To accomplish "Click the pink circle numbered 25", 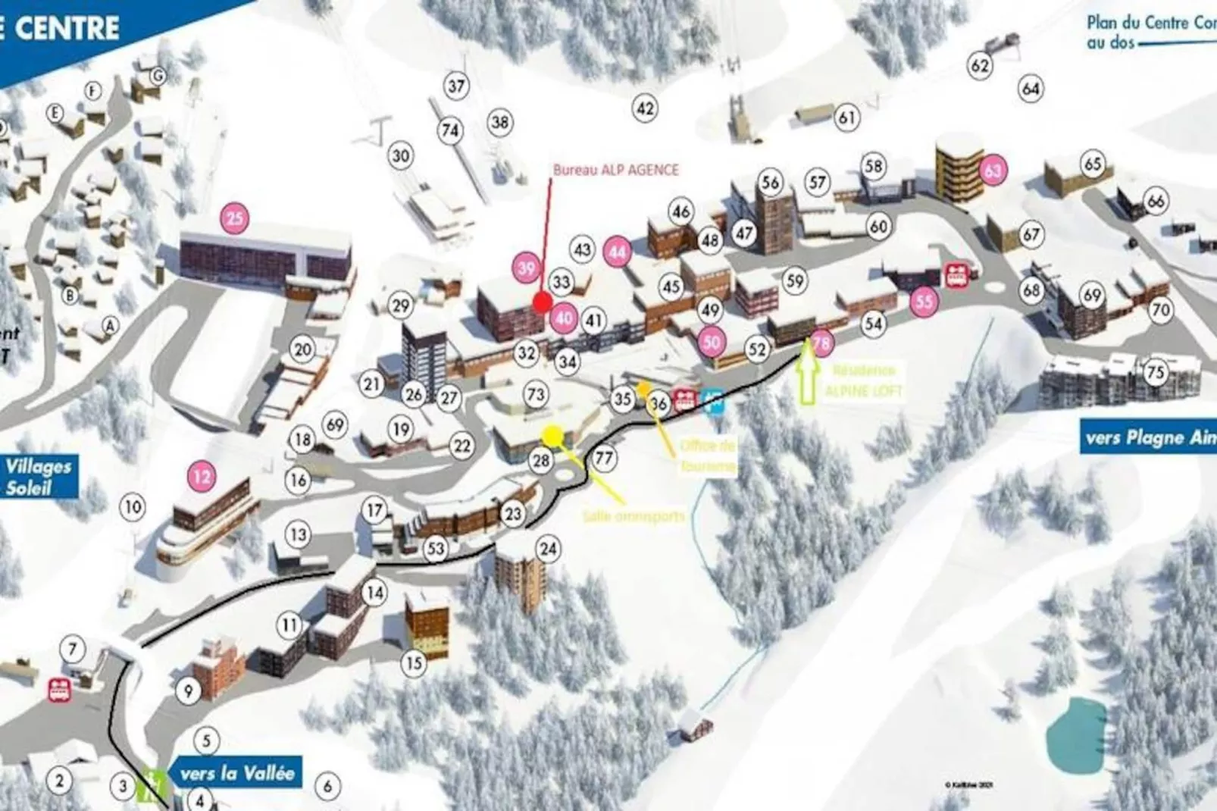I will point(235,219).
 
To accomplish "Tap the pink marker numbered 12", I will point(202,477).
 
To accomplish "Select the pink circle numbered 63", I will point(992,171).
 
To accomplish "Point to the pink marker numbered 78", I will point(821,343).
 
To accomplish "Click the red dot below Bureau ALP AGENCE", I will point(541,302).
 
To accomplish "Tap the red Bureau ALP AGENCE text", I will point(615,170).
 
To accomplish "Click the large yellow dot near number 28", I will point(553,435).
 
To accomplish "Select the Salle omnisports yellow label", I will point(634,516).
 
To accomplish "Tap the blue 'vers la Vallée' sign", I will point(236,774).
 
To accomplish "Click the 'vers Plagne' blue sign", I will point(1147,437).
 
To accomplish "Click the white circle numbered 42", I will point(645,108).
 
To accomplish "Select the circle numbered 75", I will point(1155,372).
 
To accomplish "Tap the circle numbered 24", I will point(547,549).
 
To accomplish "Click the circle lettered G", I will point(158,76).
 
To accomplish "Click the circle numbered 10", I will point(133,507).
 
